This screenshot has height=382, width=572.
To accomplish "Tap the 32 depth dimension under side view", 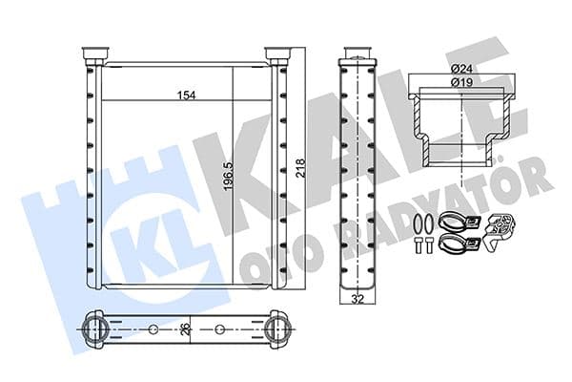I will (356, 299).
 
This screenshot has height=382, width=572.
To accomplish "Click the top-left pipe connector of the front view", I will (95, 54).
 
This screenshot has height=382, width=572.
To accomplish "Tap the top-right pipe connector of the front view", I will (276, 54).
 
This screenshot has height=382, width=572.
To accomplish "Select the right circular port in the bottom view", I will (276, 329).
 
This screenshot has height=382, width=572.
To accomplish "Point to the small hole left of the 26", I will (153, 329).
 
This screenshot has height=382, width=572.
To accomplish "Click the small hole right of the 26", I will (219, 329).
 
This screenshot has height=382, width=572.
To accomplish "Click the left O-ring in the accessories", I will (419, 225).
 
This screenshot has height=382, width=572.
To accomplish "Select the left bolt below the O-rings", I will (419, 247).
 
